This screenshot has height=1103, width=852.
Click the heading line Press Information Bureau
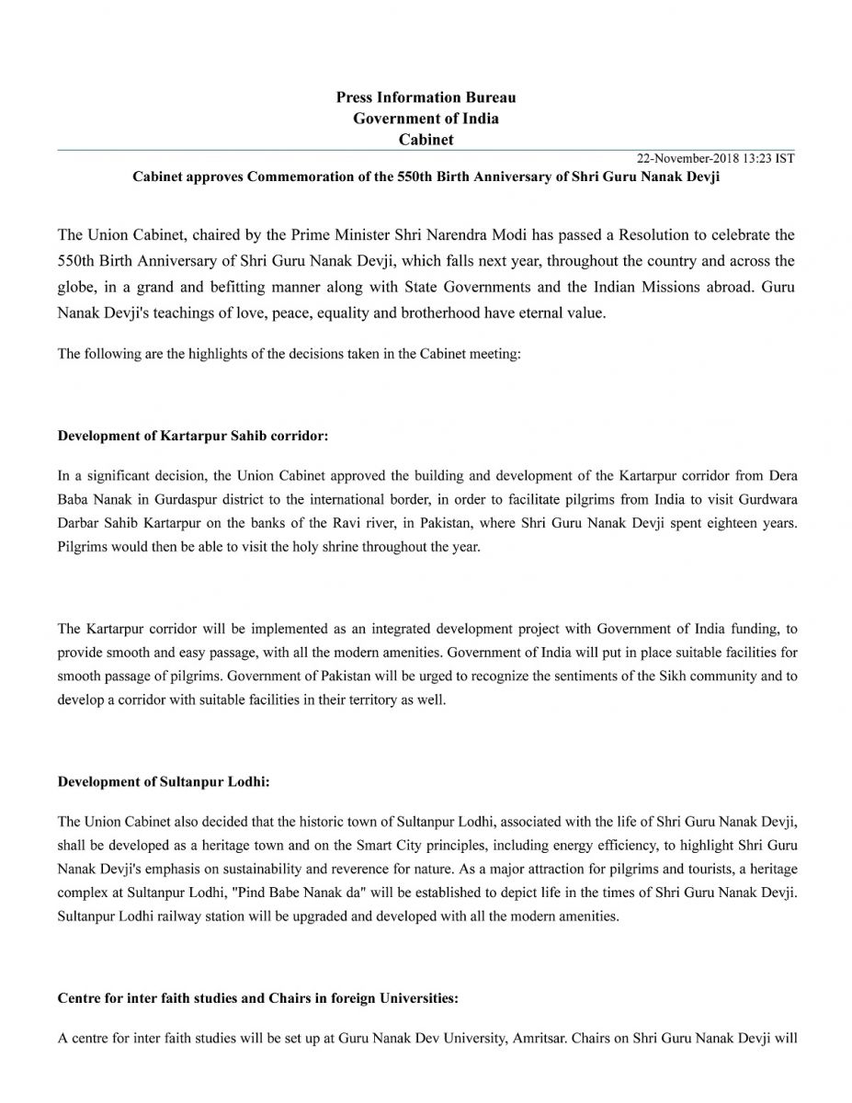click(x=426, y=97)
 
